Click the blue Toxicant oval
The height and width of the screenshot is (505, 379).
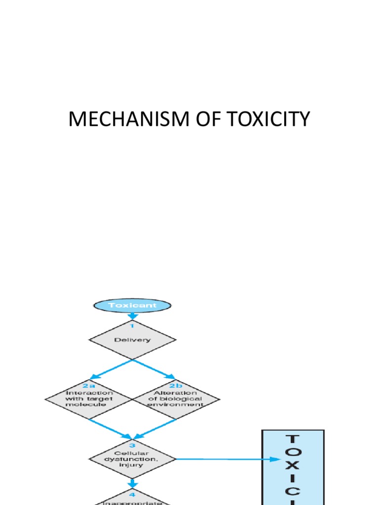(132, 305)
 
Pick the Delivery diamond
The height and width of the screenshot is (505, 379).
(132, 340)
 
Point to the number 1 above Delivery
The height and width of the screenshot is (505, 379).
(132, 326)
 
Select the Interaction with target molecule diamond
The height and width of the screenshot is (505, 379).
(89, 398)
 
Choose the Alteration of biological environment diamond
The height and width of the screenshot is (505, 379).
(176, 398)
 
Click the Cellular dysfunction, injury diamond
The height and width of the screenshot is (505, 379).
(132, 459)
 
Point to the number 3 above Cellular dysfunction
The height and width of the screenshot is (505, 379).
(132, 445)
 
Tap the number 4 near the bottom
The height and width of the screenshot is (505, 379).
(132, 494)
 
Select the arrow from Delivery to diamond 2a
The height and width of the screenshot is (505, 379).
(110, 370)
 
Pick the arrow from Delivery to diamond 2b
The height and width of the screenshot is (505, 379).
(154, 370)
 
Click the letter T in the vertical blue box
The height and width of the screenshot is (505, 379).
(293, 439)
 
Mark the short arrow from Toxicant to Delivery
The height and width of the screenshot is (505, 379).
(132, 316)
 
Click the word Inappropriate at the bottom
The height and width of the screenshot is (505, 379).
(132, 503)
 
